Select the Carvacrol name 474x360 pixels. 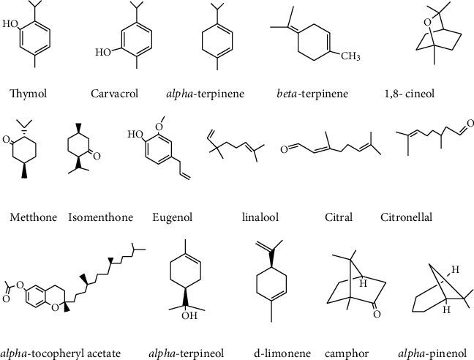pyautogui.click(x=111, y=93)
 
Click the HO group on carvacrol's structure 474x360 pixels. pyautogui.click(x=104, y=53)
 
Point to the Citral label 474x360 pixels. pyautogui.click(x=339, y=217)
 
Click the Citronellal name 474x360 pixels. pyautogui.click(x=407, y=217)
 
